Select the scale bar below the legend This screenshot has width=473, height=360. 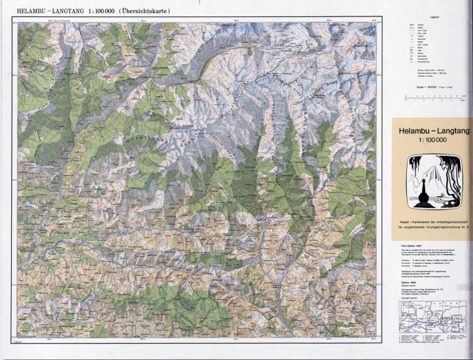click(434, 99)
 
